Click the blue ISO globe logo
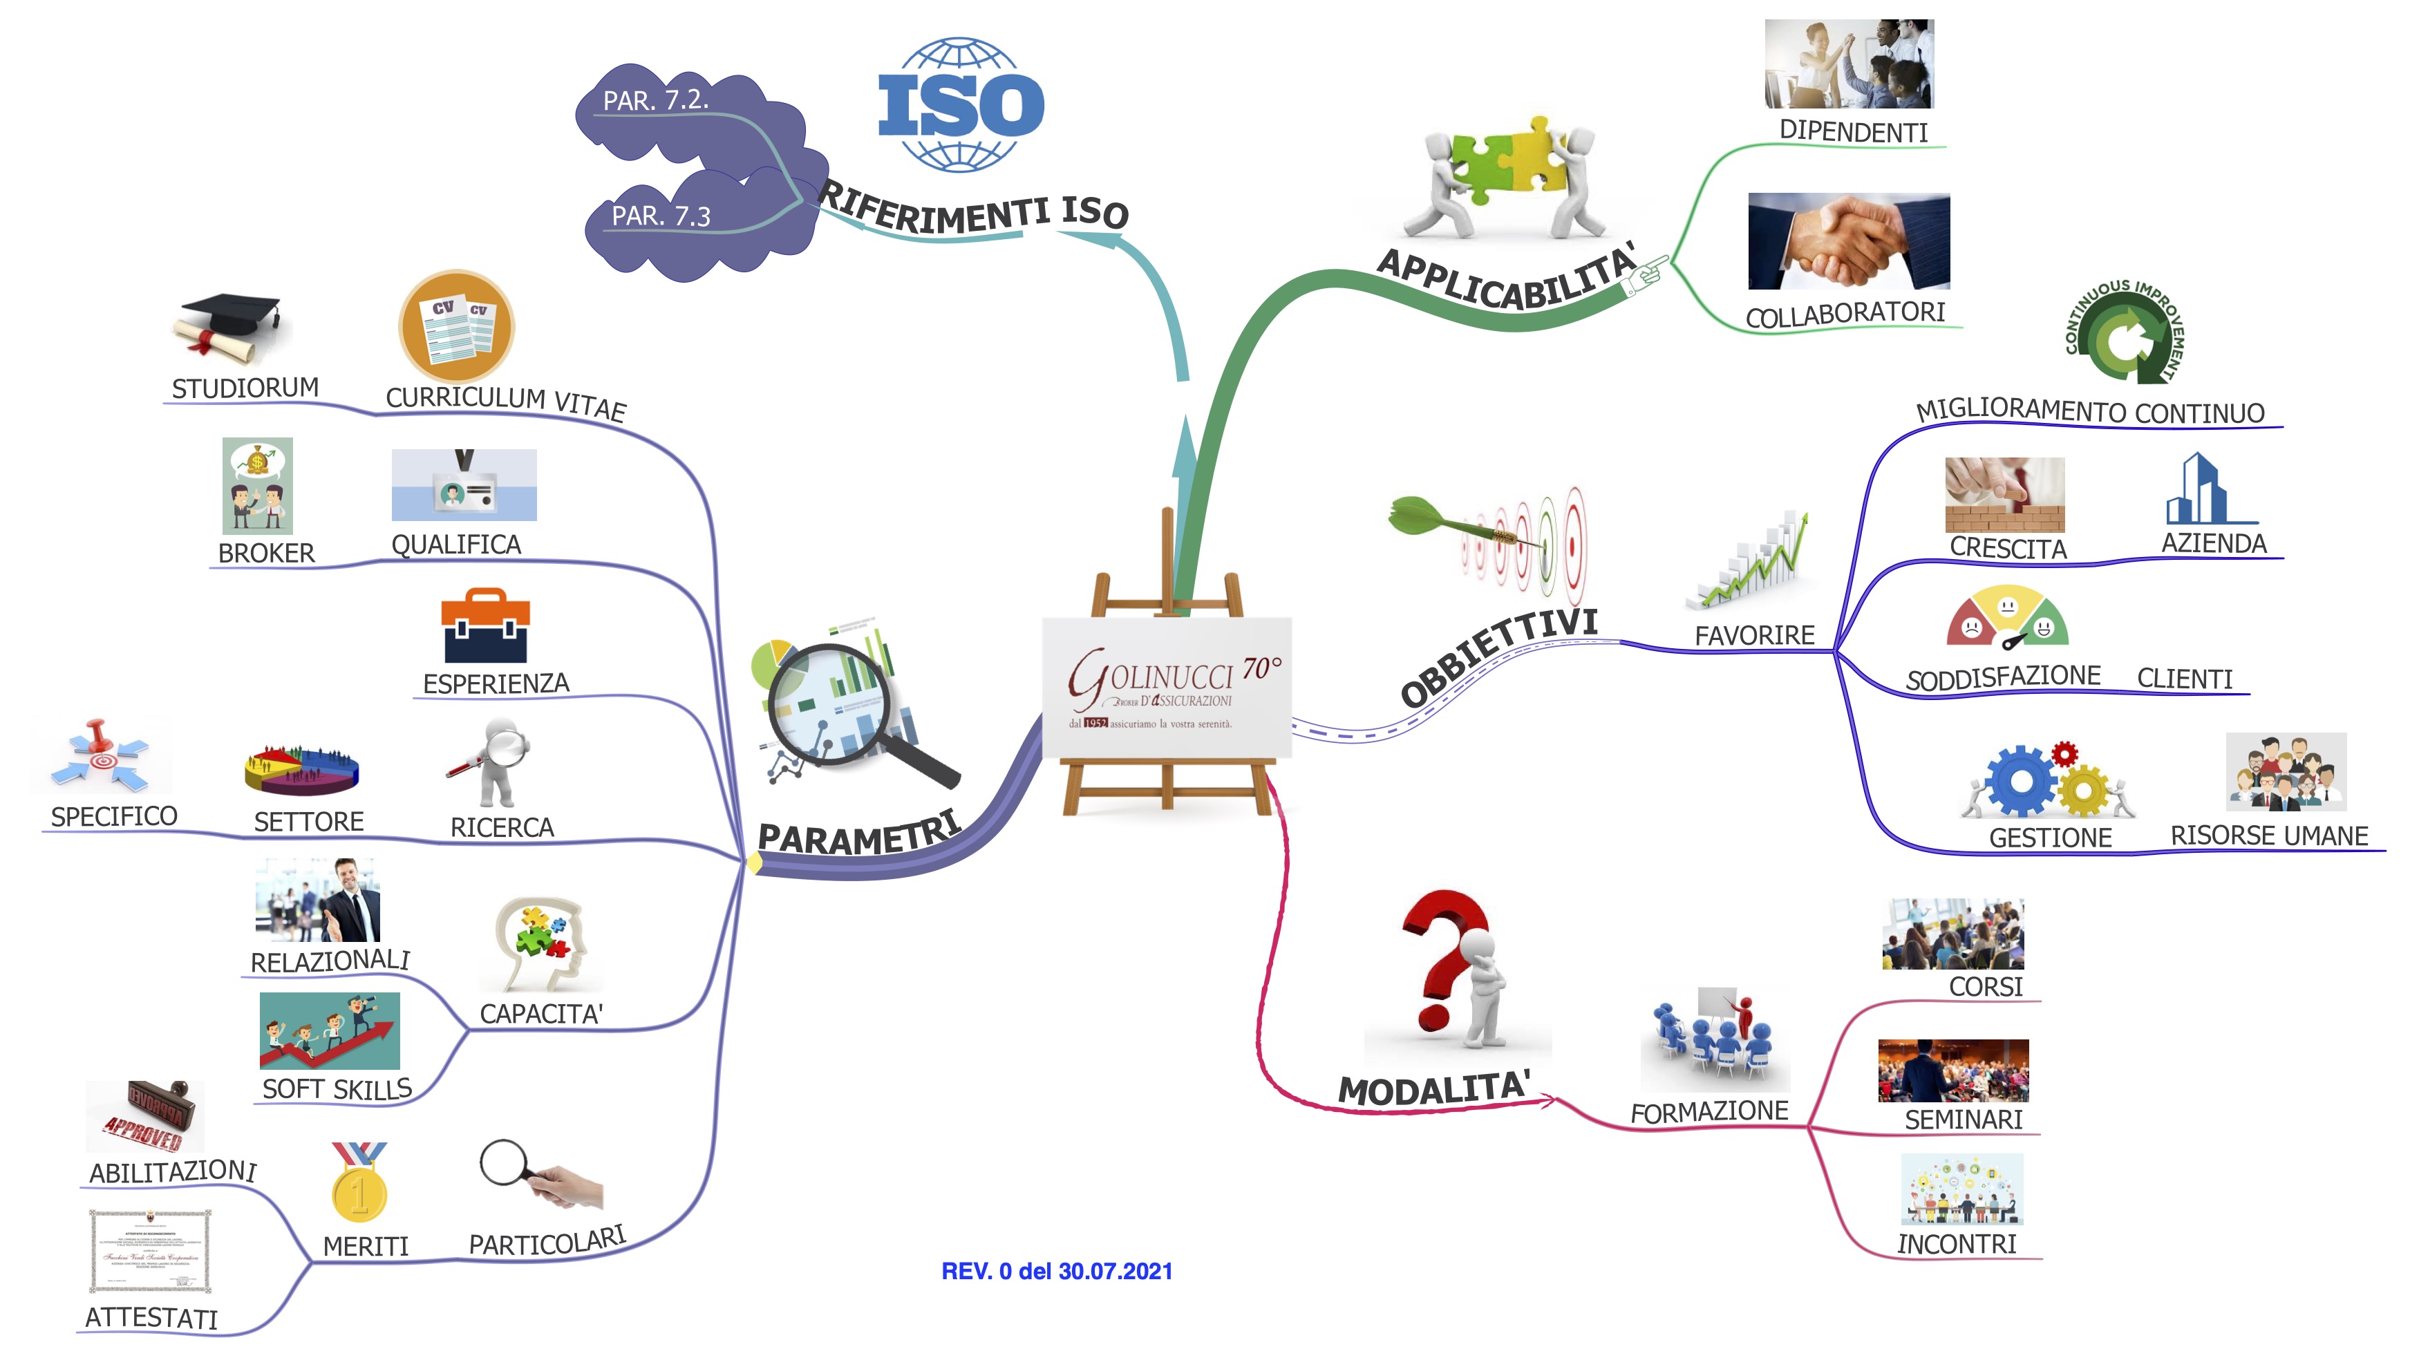pyautogui.click(x=960, y=104)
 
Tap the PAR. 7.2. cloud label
pyautogui.click(x=655, y=100)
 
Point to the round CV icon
pyautogui.click(x=456, y=327)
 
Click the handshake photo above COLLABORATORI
pyautogui.click(x=1848, y=241)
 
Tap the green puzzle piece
pyautogui.click(x=1478, y=165)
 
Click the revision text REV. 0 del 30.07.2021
pyautogui.click(x=1057, y=1271)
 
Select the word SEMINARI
pyautogui.click(x=1963, y=1120)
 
